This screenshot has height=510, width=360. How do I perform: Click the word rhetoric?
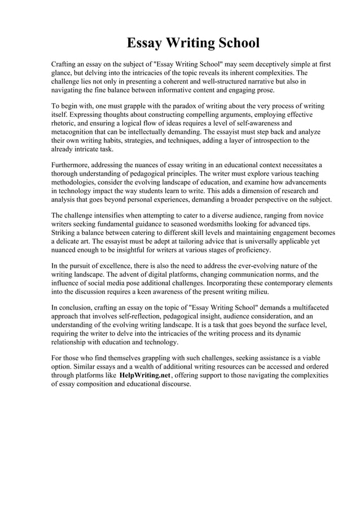coord(65,123)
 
